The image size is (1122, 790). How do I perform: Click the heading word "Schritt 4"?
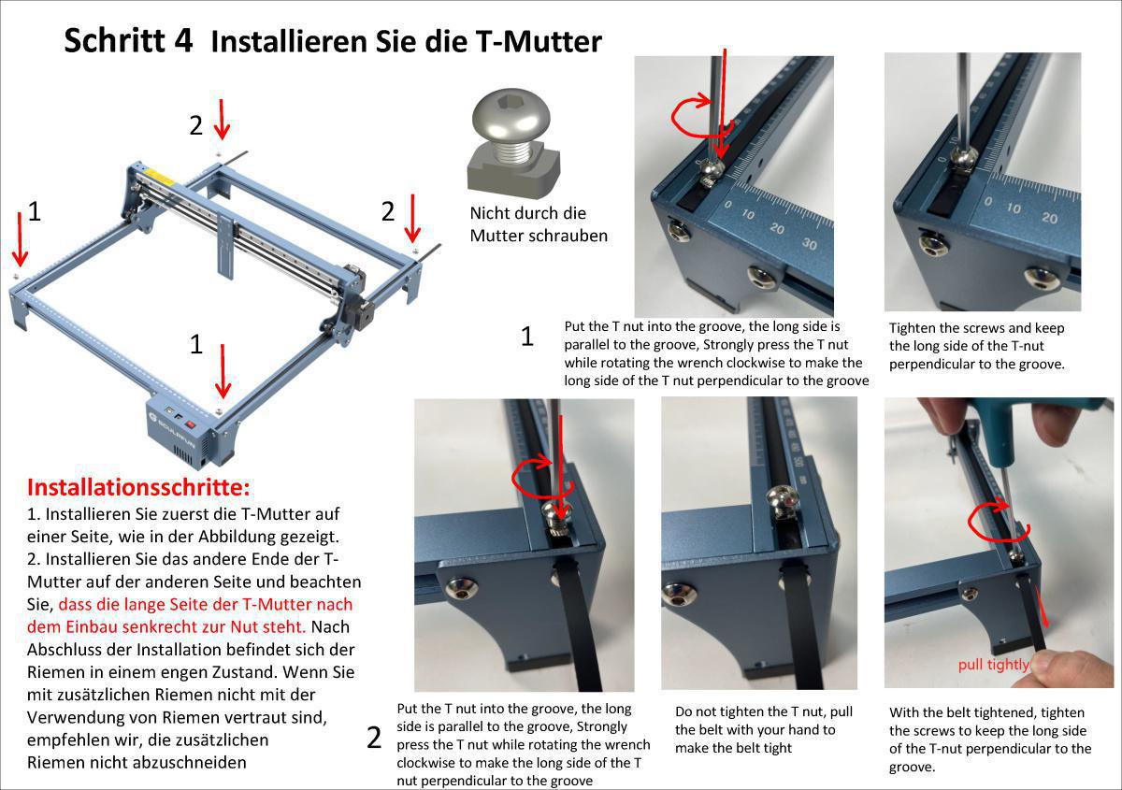click(128, 40)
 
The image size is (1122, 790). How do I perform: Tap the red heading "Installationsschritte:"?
click(138, 487)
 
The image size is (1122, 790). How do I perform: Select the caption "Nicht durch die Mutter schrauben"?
click(538, 224)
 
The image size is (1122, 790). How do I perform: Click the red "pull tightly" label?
click(993, 665)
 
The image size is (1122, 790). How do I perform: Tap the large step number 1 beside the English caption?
click(526, 337)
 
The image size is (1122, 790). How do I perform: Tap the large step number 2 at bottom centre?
click(374, 739)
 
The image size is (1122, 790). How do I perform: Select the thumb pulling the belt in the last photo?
click(1075, 668)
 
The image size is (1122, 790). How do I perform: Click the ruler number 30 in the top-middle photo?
click(809, 245)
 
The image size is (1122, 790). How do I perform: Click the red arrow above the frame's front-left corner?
click(21, 238)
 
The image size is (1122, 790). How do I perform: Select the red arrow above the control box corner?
click(223, 370)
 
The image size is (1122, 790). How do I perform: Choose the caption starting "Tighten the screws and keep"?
click(977, 346)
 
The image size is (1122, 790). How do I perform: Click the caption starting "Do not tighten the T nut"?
click(764, 729)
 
